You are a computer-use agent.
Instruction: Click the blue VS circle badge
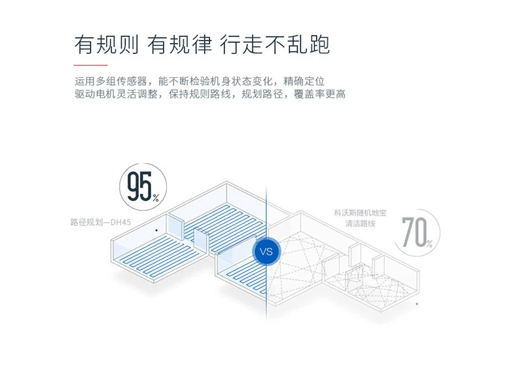pyautogui.click(x=266, y=250)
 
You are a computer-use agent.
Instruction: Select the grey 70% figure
pyautogui.click(x=416, y=232)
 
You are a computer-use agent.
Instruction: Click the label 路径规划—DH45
pyautogui.click(x=101, y=222)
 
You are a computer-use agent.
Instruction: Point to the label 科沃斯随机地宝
pyautogui.click(x=360, y=214)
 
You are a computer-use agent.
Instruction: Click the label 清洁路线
pyautogui.click(x=361, y=224)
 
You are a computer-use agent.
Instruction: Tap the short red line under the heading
pyautogui.click(x=90, y=66)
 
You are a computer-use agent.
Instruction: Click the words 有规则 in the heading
pyautogui.click(x=106, y=44)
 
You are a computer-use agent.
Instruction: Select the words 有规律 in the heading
pyautogui.click(x=180, y=44)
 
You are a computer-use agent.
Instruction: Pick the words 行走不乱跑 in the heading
pyautogui.click(x=275, y=44)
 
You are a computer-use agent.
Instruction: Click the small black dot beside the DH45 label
pyautogui.click(x=156, y=231)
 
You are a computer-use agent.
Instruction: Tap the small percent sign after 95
pyautogui.click(x=156, y=196)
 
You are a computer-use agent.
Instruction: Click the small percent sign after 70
pyautogui.click(x=429, y=243)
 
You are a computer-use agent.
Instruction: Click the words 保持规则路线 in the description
pyautogui.click(x=200, y=95)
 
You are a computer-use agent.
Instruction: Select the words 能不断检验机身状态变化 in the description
pyautogui.click(x=217, y=83)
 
